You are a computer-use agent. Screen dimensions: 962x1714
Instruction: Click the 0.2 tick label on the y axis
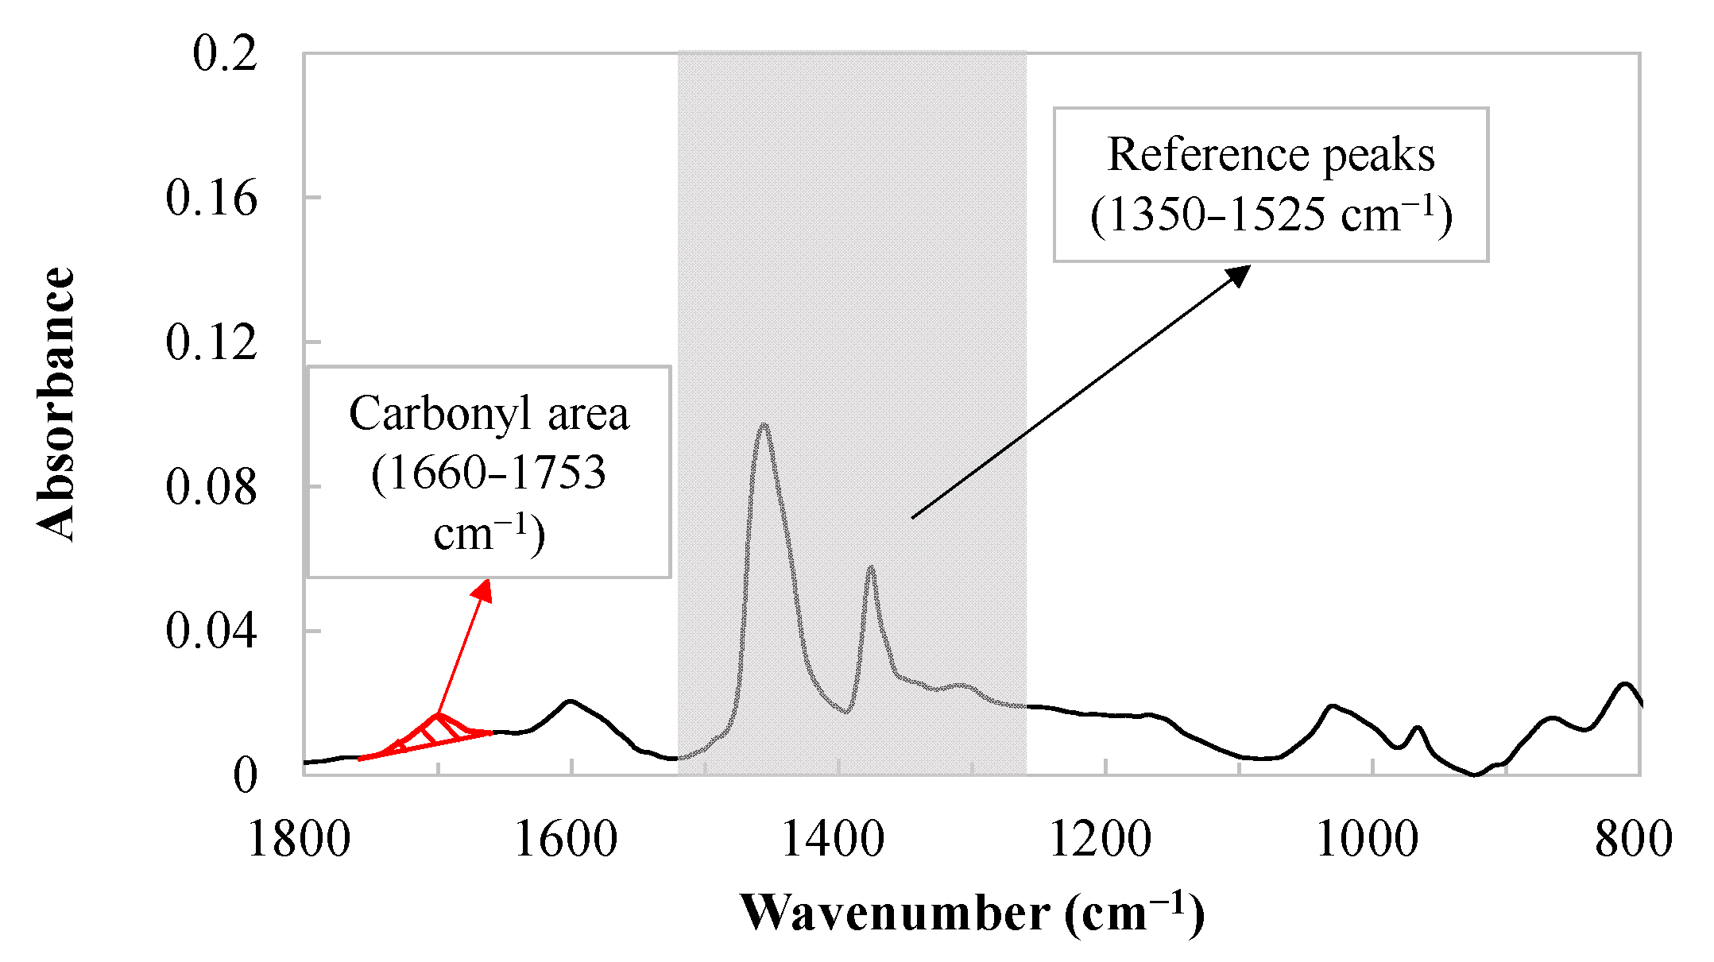(225, 54)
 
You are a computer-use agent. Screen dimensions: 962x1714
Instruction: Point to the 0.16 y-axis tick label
(211, 198)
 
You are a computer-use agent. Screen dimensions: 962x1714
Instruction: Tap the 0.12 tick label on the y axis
(211, 342)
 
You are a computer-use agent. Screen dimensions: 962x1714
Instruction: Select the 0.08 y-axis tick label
(211, 487)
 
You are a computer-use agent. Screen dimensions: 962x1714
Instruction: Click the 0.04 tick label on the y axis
(211, 632)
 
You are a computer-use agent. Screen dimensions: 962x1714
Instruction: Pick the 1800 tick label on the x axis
(299, 839)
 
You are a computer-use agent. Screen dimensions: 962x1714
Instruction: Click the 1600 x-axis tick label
(566, 839)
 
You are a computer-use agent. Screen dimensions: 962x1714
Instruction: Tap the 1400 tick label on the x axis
(833, 839)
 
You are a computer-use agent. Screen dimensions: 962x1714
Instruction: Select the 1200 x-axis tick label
(1101, 839)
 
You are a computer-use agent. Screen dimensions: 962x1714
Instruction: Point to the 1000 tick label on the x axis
(1367, 839)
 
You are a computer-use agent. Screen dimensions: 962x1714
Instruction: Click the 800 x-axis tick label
(1634, 839)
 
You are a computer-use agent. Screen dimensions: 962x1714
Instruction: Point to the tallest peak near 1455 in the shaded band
(764, 427)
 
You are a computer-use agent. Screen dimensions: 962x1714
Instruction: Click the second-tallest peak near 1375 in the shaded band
(871, 569)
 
